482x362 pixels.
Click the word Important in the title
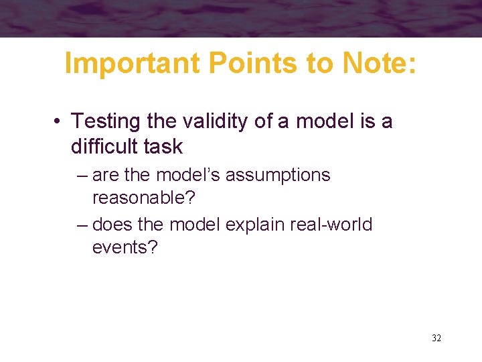tap(133, 64)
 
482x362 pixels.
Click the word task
tap(165, 145)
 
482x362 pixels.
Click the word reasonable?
tap(139, 198)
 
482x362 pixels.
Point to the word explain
tap(255, 225)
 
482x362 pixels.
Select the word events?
tap(125, 248)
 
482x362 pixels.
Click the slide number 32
tap(436, 338)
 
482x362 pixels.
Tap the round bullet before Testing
tap(60, 122)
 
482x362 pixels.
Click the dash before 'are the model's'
tap(82, 176)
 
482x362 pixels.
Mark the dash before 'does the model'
tap(82, 225)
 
